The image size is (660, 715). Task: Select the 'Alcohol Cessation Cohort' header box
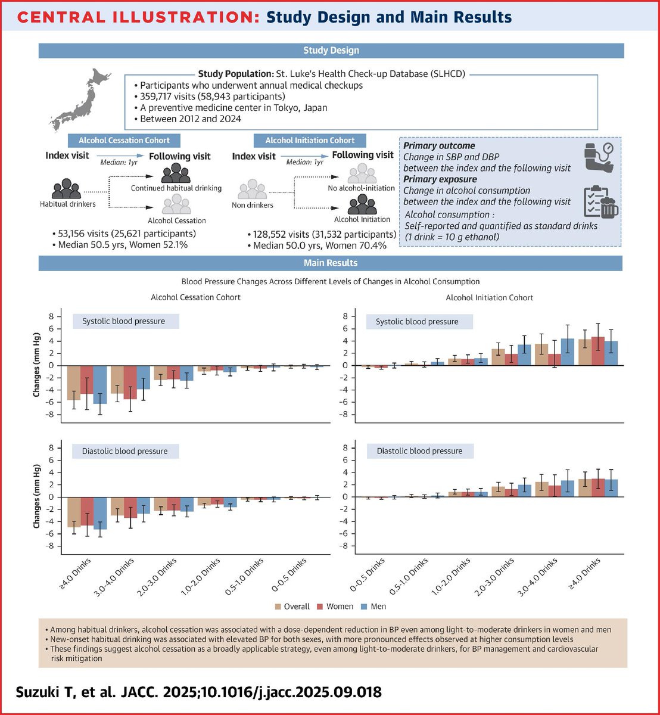pyautogui.click(x=124, y=141)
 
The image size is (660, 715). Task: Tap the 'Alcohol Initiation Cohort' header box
pyautogui.click(x=310, y=141)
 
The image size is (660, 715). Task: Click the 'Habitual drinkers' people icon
pyautogui.click(x=66, y=189)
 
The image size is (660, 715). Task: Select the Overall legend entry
pyautogui.click(x=292, y=606)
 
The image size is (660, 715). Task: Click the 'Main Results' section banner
pyautogui.click(x=331, y=263)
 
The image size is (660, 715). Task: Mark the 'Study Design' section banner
pyautogui.click(x=331, y=51)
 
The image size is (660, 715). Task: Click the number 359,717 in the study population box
pyautogui.click(x=161, y=96)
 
